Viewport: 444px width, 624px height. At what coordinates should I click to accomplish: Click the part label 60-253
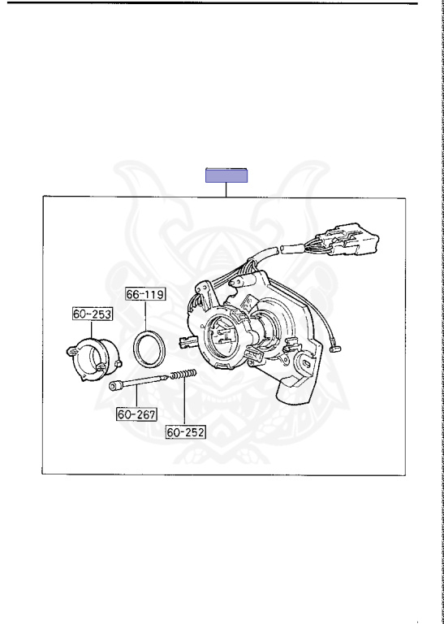(93, 314)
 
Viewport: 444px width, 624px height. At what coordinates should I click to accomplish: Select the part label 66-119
(145, 294)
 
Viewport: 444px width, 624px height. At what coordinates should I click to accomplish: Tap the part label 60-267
(136, 414)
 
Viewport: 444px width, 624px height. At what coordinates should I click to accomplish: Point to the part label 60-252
(186, 431)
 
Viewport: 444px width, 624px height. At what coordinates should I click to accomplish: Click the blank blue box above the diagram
(226, 175)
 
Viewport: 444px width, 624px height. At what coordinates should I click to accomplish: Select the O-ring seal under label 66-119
(149, 349)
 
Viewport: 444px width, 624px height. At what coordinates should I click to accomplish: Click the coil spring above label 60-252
(183, 374)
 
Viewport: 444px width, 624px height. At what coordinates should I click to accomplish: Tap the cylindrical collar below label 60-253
(94, 359)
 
